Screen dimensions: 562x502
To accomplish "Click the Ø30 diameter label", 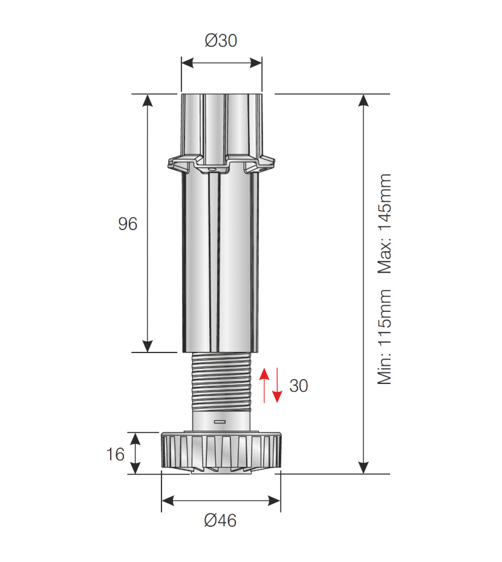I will point(221,41).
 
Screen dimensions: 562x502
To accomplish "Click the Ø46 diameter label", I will point(220,520).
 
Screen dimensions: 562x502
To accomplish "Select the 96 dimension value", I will point(128,224).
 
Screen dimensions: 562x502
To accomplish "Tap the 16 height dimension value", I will point(115,454).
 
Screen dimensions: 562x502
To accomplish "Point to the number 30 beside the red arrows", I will point(299,386).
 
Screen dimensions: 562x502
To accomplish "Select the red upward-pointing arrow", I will point(264,383).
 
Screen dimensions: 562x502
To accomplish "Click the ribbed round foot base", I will point(221,451).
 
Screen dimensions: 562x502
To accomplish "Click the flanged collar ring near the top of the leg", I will point(221,162).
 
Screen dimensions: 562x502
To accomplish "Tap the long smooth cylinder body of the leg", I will point(221,260).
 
